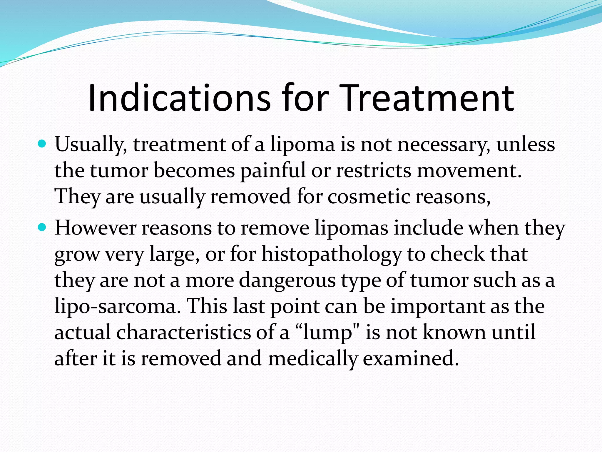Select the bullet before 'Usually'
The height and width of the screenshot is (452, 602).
tap(43, 144)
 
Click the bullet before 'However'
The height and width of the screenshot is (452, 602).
tap(43, 227)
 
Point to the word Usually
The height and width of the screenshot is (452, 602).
tap(91, 145)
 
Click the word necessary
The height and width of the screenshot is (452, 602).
tap(444, 145)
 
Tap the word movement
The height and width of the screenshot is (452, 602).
tap(469, 171)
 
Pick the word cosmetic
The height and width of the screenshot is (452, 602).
tap(369, 196)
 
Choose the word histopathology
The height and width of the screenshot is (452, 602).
tap(331, 254)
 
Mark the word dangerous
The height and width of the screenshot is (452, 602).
tap(287, 280)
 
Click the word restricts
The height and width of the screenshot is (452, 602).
tap(373, 171)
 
